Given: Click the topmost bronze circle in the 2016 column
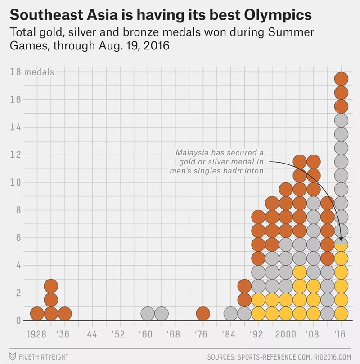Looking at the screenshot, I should [x=341, y=79].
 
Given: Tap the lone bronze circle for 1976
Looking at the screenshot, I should [x=203, y=313].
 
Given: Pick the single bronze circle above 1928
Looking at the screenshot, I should [x=37, y=313].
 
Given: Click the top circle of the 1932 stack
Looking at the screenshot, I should [x=51, y=285].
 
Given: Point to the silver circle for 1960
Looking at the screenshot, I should [x=148, y=313].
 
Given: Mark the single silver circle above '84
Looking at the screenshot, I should [x=230, y=313].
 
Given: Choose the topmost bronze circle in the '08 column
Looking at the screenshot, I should [x=313, y=161].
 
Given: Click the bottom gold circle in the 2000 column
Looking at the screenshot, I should [x=286, y=313].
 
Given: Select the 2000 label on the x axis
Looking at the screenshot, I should [x=286, y=334].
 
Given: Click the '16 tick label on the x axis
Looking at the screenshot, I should [x=341, y=334].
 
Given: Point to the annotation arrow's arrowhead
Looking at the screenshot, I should [x=341, y=240].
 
